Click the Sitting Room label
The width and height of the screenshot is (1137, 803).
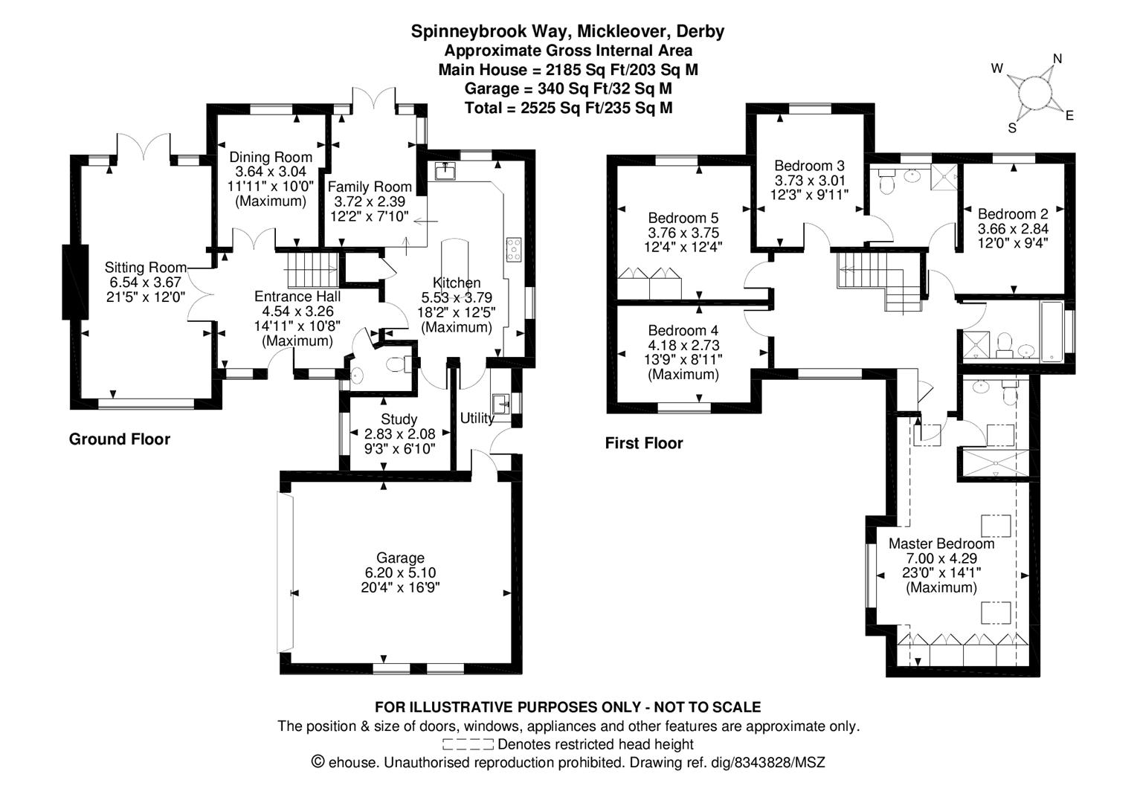144,268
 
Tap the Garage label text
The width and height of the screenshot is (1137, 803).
400,558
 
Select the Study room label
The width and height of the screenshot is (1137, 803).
399,419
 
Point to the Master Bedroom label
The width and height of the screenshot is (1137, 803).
941,544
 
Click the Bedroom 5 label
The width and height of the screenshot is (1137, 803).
683,218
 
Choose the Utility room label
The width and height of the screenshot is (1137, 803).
477,418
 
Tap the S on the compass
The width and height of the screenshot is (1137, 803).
1012,128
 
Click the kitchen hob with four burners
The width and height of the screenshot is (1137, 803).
513,248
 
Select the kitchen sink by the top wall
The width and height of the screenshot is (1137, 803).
446,171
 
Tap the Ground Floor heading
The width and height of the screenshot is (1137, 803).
120,439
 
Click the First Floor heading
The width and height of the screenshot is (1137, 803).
643,443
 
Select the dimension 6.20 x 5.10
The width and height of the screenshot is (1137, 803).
400,573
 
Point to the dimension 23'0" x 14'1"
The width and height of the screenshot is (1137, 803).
941,573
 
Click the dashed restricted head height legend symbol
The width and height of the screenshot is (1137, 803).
467,744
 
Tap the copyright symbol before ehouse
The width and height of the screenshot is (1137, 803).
318,762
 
